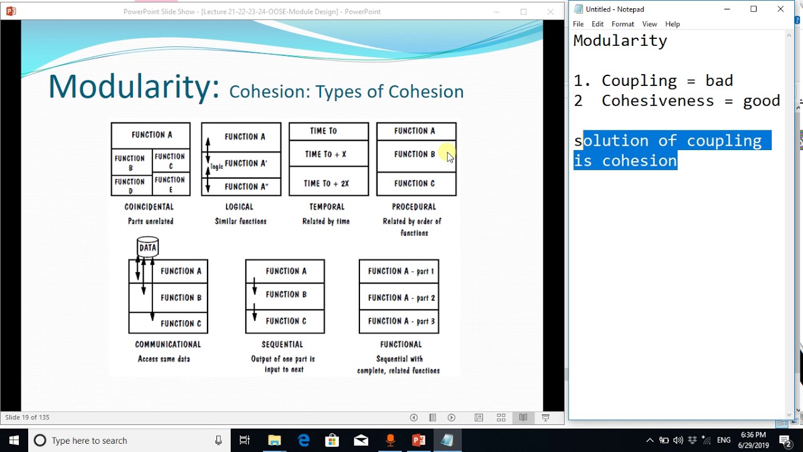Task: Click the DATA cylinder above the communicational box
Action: (x=147, y=247)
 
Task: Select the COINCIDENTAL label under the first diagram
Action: (x=149, y=207)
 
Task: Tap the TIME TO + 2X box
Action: (x=326, y=183)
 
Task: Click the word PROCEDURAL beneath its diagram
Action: (x=413, y=207)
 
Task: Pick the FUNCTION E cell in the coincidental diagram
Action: (x=170, y=185)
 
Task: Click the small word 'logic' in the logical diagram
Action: (x=217, y=166)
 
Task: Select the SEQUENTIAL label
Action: (x=282, y=344)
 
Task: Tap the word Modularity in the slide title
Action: (x=134, y=87)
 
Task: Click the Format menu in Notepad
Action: (x=622, y=24)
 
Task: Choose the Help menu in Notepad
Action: (x=672, y=24)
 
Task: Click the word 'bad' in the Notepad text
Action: (x=719, y=81)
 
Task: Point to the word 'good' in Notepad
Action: (x=762, y=101)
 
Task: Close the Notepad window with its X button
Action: (x=780, y=9)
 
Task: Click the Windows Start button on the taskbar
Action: (x=14, y=440)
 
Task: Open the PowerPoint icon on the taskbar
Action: (x=418, y=440)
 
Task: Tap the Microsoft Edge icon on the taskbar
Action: (x=304, y=440)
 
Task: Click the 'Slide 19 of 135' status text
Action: (x=27, y=417)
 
